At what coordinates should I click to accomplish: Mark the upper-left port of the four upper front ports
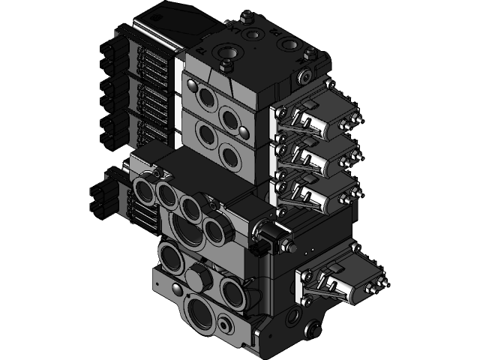(202, 96)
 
